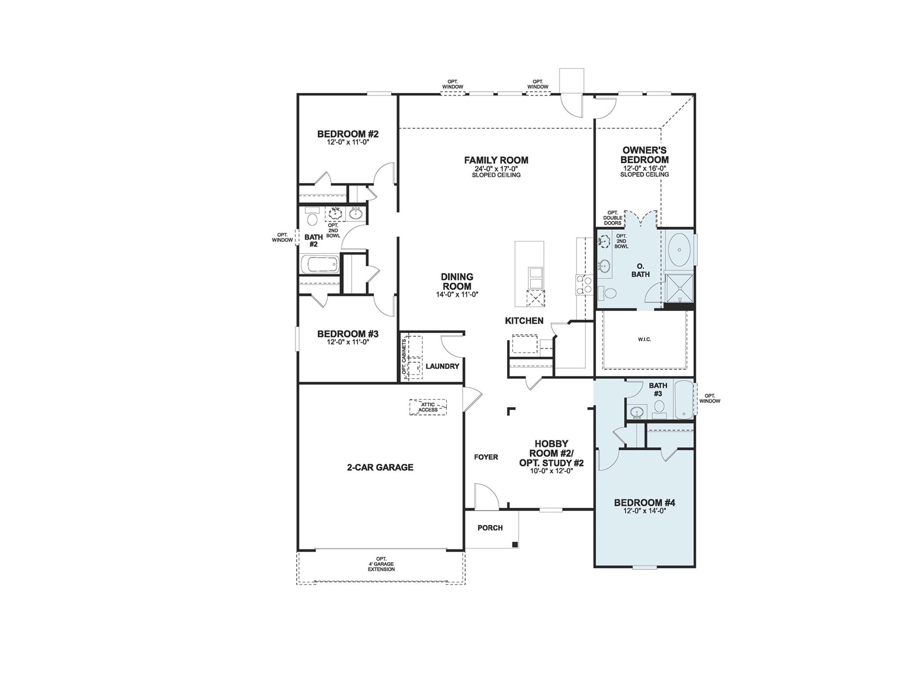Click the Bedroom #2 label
[348, 134]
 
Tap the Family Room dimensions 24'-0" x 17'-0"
[496, 169]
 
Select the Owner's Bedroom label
[644, 155]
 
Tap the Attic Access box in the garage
[428, 407]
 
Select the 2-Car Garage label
[380, 467]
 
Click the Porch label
[490, 528]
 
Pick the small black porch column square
[515, 544]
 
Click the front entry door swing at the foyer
[486, 496]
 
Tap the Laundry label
[442, 366]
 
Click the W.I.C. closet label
[644, 339]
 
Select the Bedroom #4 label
[644, 503]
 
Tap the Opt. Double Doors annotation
[613, 218]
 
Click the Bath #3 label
[657, 389]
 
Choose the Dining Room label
[457, 282]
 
